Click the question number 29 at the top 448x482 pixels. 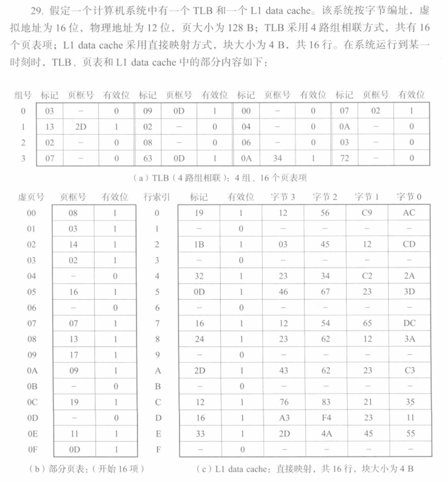click(x=28, y=11)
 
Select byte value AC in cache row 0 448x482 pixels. click(x=409, y=213)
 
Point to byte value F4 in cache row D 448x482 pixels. click(x=325, y=418)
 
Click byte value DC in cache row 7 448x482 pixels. click(x=409, y=323)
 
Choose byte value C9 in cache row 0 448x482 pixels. click(x=368, y=213)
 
